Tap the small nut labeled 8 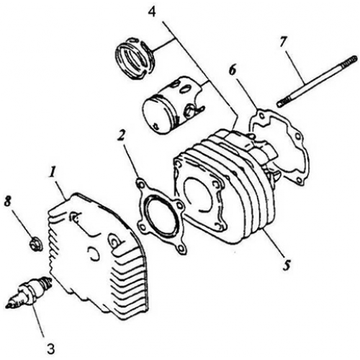click(32, 244)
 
